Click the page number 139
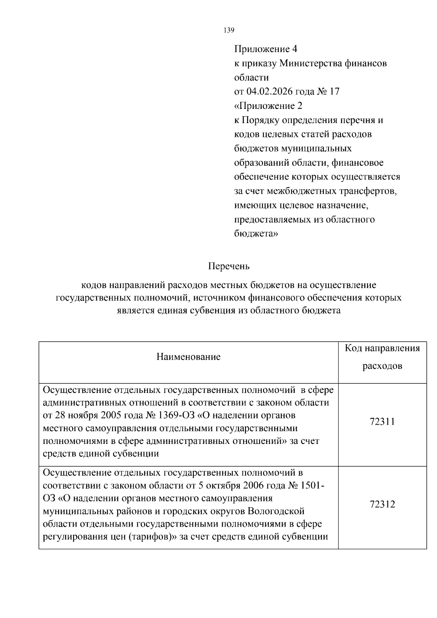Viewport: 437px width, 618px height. point(228,31)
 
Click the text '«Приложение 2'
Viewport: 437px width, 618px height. point(268,106)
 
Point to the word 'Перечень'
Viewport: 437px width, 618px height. point(229,266)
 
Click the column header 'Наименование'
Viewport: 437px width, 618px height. point(188,357)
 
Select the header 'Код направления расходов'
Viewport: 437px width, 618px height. point(382,357)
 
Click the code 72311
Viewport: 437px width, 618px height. point(382,422)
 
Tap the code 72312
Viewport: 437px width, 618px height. point(382,505)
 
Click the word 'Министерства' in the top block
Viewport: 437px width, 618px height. point(310,63)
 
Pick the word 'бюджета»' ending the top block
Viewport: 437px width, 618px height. point(255,234)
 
